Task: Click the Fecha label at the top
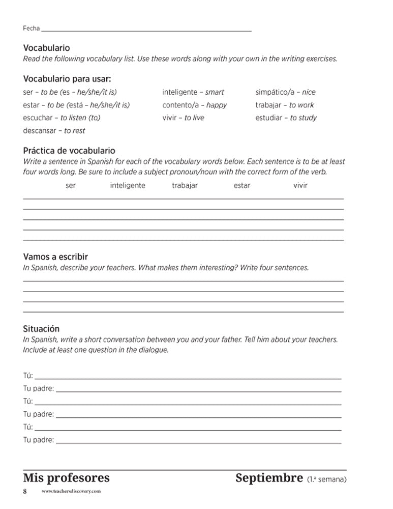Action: point(31,29)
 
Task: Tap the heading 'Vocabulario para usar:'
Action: point(67,79)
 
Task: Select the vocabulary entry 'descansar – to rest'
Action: point(54,131)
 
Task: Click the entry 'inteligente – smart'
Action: point(193,92)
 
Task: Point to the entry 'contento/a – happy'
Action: point(194,105)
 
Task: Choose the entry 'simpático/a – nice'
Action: point(285,92)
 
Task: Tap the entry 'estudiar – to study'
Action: point(286,118)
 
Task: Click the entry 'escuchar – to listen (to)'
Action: point(62,118)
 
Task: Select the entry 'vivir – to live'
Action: point(183,118)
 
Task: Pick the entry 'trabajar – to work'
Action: point(285,105)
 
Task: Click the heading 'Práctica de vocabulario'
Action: point(69,151)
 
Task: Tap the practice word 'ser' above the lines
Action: point(71,185)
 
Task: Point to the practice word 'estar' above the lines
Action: point(241,185)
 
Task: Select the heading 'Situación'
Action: point(41,329)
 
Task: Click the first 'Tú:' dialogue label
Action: point(28,376)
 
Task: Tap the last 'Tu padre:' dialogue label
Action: point(39,440)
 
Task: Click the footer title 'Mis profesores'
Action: point(66,478)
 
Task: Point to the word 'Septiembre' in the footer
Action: point(269,478)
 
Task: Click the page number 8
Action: point(24,492)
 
